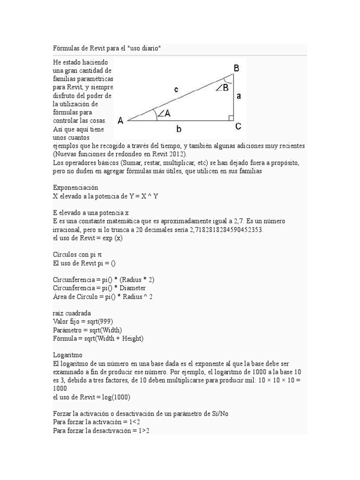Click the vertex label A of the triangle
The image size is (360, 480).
point(120,120)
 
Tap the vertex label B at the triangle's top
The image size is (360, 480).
point(237,68)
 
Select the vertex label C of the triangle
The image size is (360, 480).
point(238,126)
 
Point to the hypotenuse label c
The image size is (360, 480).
point(176,90)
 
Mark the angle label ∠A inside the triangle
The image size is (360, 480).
point(162,113)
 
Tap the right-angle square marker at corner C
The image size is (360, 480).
point(231,118)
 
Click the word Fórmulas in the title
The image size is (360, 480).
point(65,49)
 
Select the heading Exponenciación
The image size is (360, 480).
point(75,187)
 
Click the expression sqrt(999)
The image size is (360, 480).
point(103,322)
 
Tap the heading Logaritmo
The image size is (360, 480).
point(68,355)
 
